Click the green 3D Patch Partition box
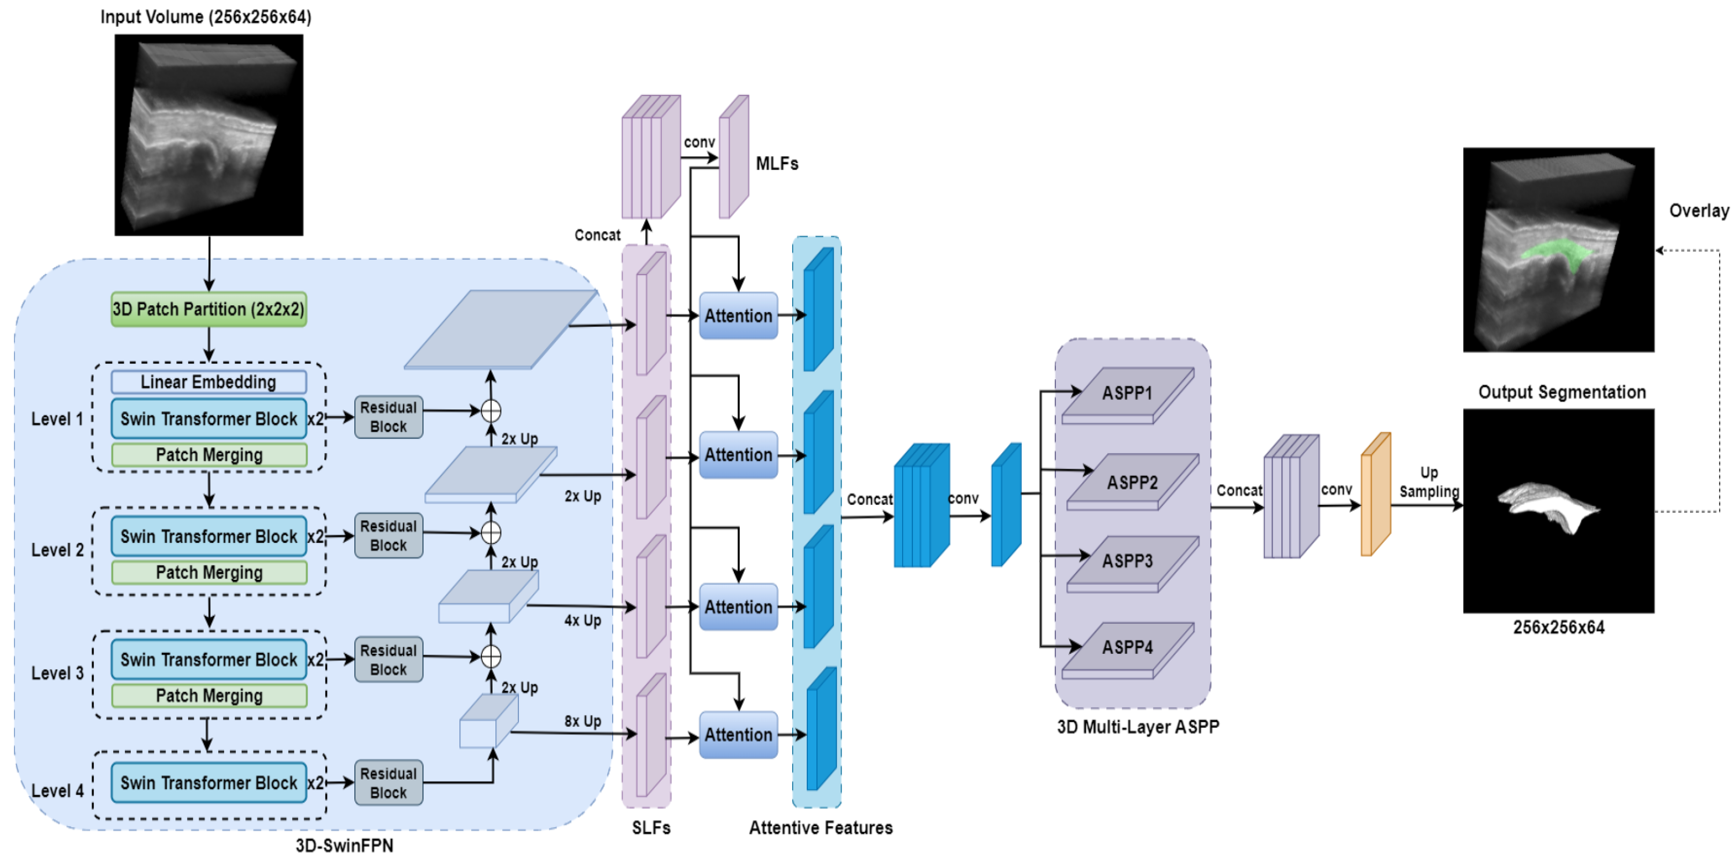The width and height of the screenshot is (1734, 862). pyautogui.click(x=209, y=309)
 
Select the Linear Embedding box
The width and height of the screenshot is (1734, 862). pyautogui.click(x=209, y=382)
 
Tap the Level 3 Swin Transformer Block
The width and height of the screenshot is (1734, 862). pyautogui.click(x=209, y=659)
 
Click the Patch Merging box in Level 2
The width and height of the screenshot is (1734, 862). pyautogui.click(x=209, y=572)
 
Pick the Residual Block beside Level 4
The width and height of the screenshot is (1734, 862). pyautogui.click(x=389, y=783)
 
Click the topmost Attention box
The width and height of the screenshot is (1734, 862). pyautogui.click(x=739, y=316)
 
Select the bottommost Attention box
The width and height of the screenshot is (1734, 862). pyautogui.click(x=739, y=735)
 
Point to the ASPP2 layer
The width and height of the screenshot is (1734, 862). pyautogui.click(x=1132, y=482)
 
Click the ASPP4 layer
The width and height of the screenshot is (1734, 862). pyautogui.click(x=1128, y=647)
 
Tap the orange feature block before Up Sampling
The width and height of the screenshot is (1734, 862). pyautogui.click(x=1375, y=495)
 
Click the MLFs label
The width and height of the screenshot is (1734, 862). pyautogui.click(x=777, y=164)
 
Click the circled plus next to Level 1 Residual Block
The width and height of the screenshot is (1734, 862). pyautogui.click(x=490, y=410)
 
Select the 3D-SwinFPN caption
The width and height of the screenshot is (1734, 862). pyautogui.click(x=344, y=846)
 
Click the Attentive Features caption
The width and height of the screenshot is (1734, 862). pyautogui.click(x=821, y=828)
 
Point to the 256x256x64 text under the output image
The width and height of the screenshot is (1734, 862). pyautogui.click(x=1558, y=628)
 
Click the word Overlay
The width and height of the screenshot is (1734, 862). pyautogui.click(x=1698, y=211)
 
